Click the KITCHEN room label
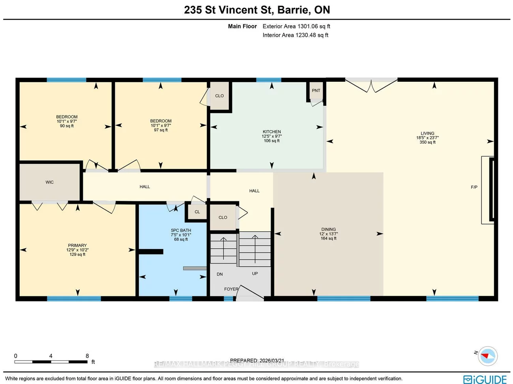(271, 132)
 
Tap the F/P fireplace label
(474, 187)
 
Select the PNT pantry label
(316, 90)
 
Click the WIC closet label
(49, 182)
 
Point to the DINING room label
(328, 229)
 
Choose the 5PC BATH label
(181, 230)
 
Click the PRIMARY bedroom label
(77, 245)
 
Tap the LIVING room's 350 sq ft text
(427, 142)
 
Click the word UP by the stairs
(255, 273)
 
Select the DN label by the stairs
(220, 274)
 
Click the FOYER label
(231, 289)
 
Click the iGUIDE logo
(485, 379)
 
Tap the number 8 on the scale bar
(87, 356)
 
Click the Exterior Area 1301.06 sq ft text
(296, 26)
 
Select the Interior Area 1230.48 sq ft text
(296, 35)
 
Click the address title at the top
(257, 10)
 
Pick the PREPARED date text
(257, 360)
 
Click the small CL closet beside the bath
(197, 212)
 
